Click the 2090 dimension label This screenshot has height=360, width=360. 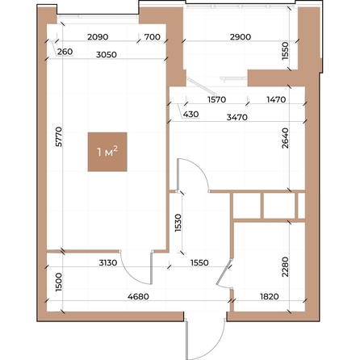tap(98, 38)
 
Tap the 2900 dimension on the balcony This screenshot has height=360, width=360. tap(241, 38)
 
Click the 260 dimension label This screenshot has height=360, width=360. tap(65, 52)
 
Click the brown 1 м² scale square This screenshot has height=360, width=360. tap(107, 152)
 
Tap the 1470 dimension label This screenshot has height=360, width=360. tap(277, 100)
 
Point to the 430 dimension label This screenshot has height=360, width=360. tap(190, 115)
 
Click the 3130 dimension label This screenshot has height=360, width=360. tap(110, 262)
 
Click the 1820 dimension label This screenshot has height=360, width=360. tap(268, 295)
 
